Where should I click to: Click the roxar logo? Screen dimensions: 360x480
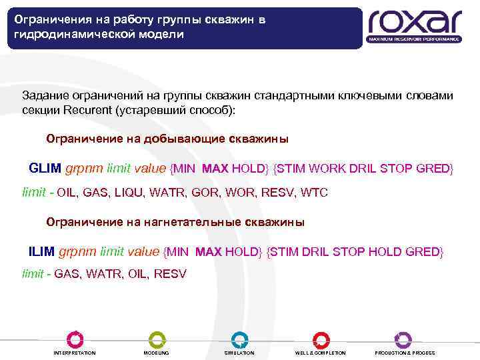(x=414, y=25)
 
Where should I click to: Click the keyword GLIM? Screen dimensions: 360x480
(x=45, y=168)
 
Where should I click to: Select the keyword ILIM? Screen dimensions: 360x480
(x=43, y=251)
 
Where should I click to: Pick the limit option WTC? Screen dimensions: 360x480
(x=315, y=193)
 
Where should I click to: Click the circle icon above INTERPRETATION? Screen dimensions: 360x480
(x=75, y=339)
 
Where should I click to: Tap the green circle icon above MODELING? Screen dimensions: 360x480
(x=157, y=339)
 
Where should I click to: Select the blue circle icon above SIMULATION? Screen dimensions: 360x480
(x=239, y=339)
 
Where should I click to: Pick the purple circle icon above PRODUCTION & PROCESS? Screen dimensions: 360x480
(x=403, y=339)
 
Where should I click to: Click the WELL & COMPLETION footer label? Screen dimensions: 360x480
(x=321, y=353)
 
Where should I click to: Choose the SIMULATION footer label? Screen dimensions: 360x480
(x=239, y=353)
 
